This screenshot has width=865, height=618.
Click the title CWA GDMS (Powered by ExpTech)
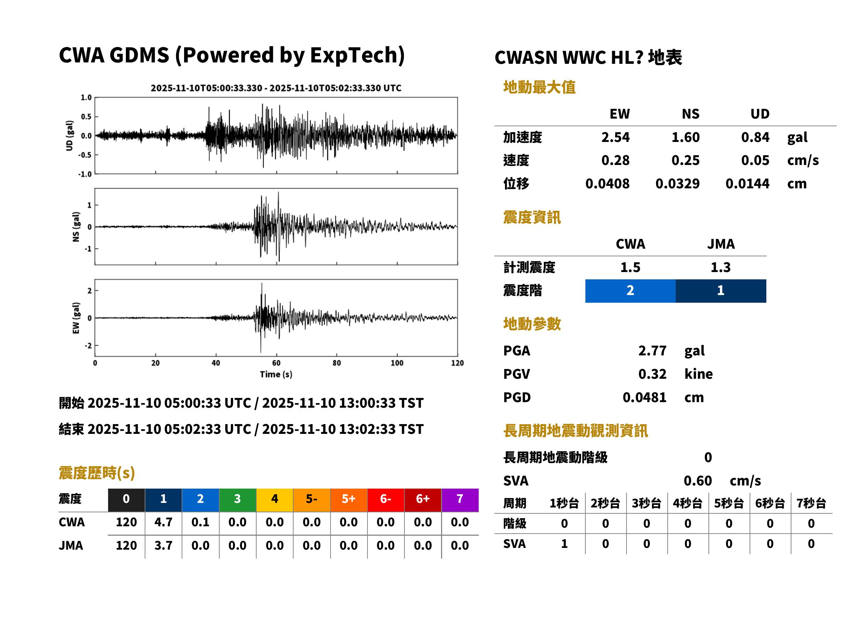[232, 55]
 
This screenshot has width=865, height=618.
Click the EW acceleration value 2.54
[615, 137]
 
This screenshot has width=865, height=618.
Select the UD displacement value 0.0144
[747, 183]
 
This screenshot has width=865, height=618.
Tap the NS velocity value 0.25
[685, 160]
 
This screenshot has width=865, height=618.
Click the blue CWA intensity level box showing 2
[630, 291]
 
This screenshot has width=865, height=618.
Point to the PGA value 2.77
[652, 351]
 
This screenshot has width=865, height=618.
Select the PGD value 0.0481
[644, 397]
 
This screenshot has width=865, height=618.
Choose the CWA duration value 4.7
[164, 522]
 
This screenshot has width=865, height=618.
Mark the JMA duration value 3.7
[164, 545]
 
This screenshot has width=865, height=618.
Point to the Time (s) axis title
[276, 375]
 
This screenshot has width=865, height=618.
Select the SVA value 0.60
[698, 481]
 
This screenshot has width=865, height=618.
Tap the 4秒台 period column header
[687, 503]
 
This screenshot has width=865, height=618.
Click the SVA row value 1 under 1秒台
[564, 544]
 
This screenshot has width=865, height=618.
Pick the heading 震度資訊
[532, 217]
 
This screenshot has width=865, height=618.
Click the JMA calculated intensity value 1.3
[720, 267]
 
